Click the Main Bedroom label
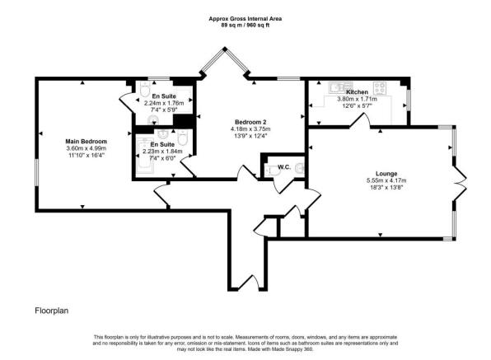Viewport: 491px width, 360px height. (87, 142)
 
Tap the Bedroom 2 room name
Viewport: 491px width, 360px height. (250, 122)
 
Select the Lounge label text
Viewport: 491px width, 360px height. (386, 174)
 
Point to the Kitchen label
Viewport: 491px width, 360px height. (357, 92)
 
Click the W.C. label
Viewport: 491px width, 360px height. (284, 167)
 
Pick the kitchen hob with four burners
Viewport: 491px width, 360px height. (380, 87)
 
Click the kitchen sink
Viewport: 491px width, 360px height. (340, 87)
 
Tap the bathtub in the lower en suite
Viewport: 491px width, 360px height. (145, 155)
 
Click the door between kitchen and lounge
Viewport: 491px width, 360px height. (359, 120)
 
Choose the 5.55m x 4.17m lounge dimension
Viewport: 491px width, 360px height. (386, 180)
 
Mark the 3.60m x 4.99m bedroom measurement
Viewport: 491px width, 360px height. (87, 148)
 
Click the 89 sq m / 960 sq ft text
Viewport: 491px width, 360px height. (245, 26)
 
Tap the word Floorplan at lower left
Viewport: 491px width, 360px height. (52, 311)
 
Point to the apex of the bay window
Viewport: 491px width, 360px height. (225, 49)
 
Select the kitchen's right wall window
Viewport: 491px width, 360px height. (408, 100)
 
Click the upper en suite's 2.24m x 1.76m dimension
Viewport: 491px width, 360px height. (164, 103)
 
